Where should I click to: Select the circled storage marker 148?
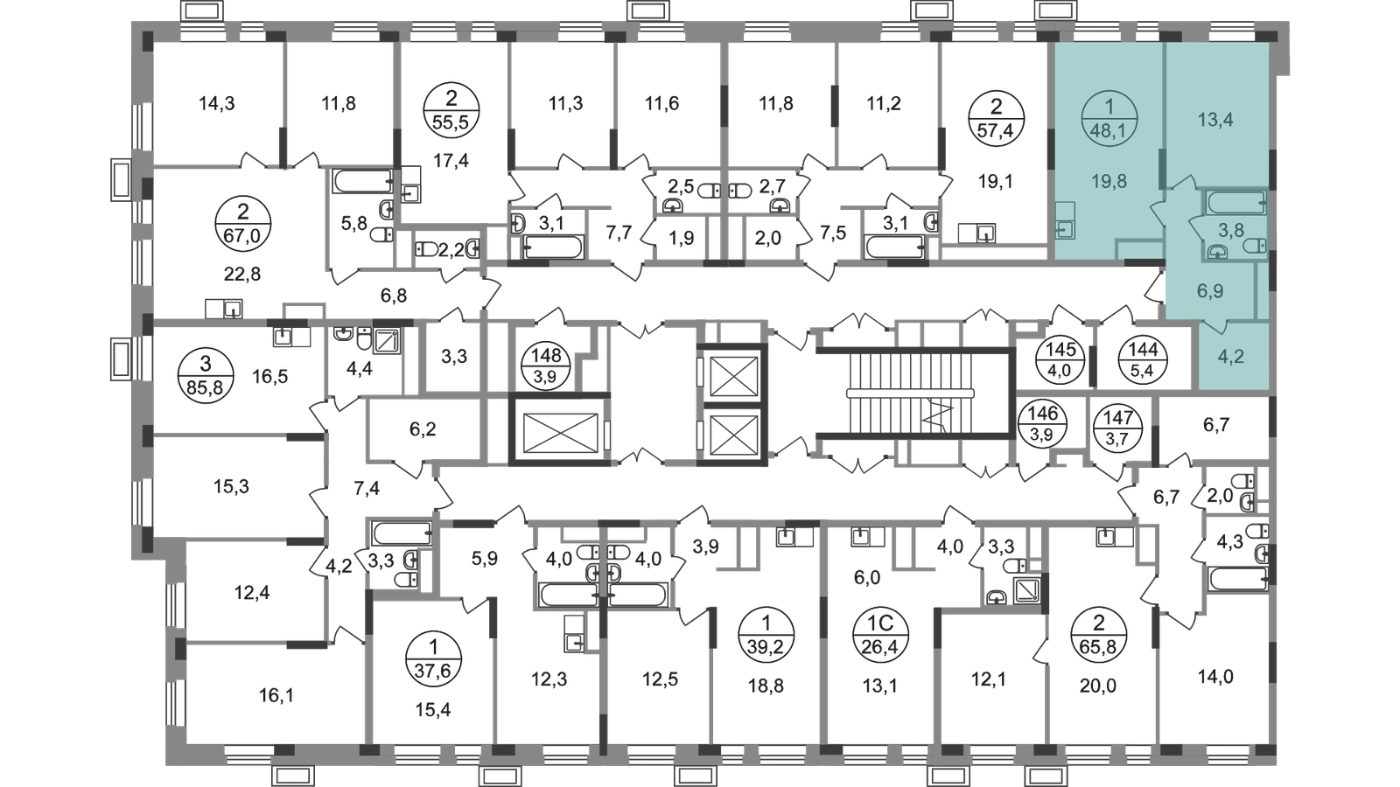point(546,366)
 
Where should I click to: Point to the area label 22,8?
point(241,273)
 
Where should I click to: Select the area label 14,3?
point(216,103)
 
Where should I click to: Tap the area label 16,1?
point(276,695)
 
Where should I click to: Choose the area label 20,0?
point(1098,686)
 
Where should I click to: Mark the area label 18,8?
point(766,686)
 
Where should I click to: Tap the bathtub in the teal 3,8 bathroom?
point(1236,202)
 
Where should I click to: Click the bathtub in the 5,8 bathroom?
point(363,181)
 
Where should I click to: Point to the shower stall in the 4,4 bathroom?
point(388,342)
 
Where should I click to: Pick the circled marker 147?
point(1117,427)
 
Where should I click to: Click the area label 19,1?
point(996,182)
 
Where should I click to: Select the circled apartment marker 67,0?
point(242,223)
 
